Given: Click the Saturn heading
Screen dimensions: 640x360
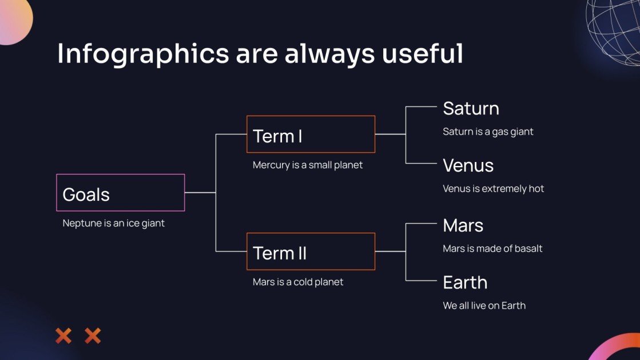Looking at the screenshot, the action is tap(471, 109).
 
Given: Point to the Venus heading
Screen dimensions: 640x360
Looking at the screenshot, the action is tap(468, 166).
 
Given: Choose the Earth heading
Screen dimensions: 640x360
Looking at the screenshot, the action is tap(466, 283).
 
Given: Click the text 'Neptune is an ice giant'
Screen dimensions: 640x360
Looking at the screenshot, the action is tap(113, 224).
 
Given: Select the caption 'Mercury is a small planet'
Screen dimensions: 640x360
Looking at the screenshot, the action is tap(307, 165).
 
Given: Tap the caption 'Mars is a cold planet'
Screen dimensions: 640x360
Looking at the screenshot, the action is tap(298, 282).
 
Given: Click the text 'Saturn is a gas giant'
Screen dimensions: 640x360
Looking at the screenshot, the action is tap(488, 132).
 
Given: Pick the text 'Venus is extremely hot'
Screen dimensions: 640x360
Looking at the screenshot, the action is tap(494, 189).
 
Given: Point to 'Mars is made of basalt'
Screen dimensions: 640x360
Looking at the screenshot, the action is tap(492, 248).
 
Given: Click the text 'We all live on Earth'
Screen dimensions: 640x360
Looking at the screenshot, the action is tap(484, 306).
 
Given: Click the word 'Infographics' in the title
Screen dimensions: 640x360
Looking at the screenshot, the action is tap(143, 54).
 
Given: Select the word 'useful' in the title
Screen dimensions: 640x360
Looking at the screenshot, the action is tap(423, 53).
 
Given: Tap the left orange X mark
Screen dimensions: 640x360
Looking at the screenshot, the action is tap(63, 336).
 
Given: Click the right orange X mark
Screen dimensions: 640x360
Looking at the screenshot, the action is tap(93, 336).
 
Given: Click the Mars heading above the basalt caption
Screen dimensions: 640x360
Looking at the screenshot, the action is tap(463, 226).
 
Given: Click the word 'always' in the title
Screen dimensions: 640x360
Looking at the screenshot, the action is tap(329, 54).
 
